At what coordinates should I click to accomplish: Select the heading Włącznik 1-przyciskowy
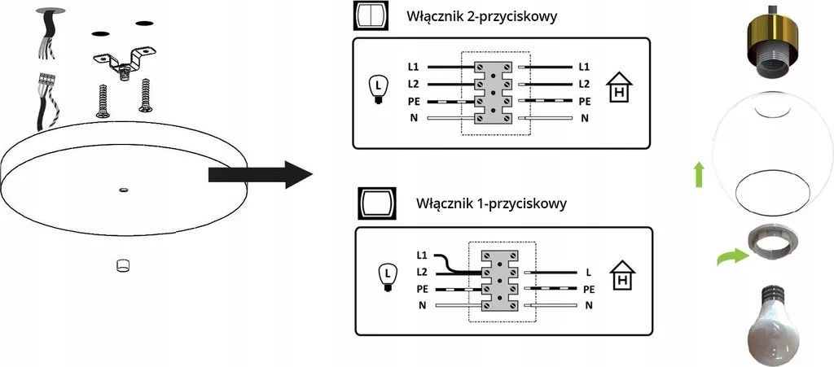pyautogui.click(x=490, y=202)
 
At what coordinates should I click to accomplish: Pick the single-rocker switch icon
pyautogui.click(x=375, y=203)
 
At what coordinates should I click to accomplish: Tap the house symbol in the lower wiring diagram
pyautogui.click(x=624, y=276)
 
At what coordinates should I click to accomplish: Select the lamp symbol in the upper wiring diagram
pyautogui.click(x=376, y=88)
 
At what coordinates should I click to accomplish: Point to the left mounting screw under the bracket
pyautogui.click(x=103, y=101)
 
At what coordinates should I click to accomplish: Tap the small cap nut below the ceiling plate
pyautogui.click(x=122, y=265)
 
